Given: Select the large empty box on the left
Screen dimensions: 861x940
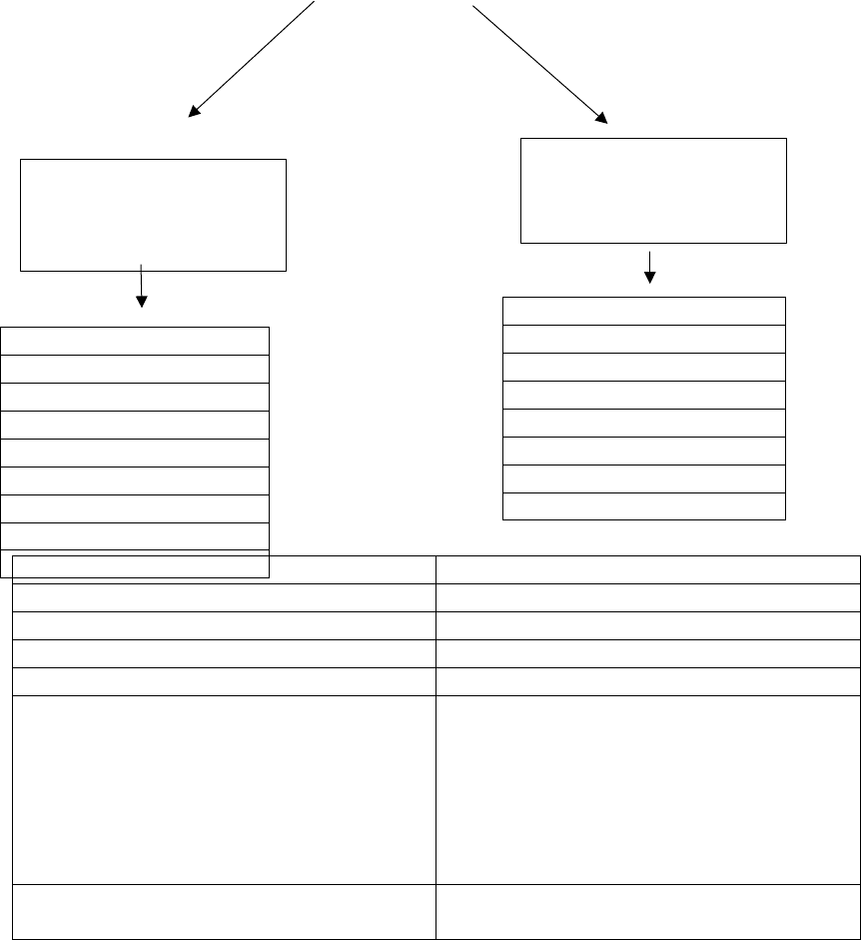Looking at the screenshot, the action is (x=153, y=214).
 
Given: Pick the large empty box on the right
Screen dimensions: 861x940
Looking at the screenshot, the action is (x=653, y=190).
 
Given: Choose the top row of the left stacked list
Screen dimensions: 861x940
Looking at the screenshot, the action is (x=135, y=340).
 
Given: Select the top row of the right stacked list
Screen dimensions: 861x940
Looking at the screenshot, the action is (x=643, y=311).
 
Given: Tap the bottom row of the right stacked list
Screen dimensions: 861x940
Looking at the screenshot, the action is (x=643, y=505).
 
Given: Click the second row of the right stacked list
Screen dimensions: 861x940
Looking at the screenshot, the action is (x=643, y=339).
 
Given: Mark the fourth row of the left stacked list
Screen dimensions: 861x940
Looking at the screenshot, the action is (x=135, y=424).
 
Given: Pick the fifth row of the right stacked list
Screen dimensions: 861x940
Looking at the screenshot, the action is (x=643, y=423).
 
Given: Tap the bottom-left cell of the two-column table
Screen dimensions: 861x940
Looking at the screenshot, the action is (x=224, y=911).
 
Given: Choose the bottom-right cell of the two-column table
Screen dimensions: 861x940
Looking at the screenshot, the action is (x=647, y=911).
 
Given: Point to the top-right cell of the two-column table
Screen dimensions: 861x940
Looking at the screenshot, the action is (x=647, y=569).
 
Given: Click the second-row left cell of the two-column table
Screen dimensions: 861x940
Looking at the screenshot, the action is (x=224, y=597).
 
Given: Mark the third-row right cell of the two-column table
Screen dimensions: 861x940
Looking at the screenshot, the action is (x=647, y=625).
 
